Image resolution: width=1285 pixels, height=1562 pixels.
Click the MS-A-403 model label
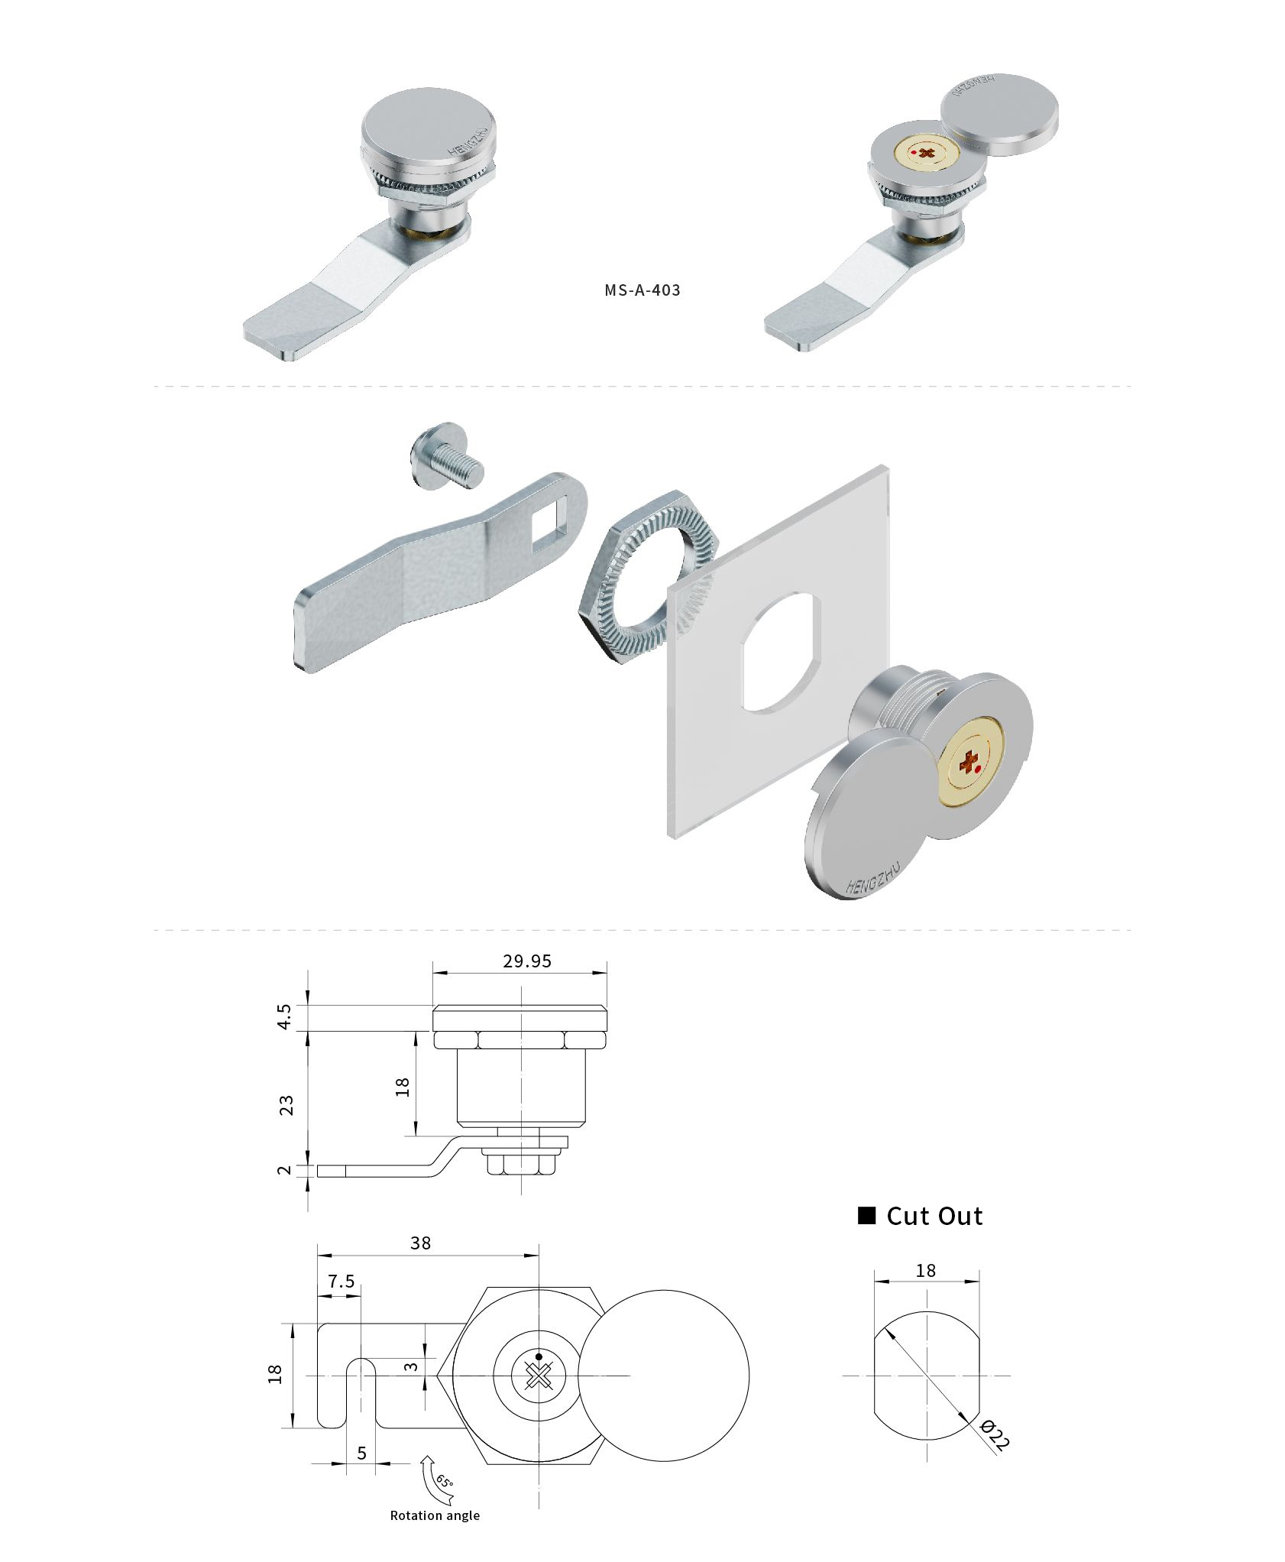(x=642, y=290)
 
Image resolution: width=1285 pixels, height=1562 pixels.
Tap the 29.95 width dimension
(x=526, y=961)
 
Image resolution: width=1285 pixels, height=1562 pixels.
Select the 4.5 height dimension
(x=284, y=1016)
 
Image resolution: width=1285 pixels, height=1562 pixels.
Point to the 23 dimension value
(x=286, y=1105)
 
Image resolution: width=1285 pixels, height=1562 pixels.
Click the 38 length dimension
(x=420, y=1243)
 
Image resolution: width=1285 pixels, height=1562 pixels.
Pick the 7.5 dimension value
(x=341, y=1282)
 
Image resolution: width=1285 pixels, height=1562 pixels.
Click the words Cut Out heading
(x=934, y=1216)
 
